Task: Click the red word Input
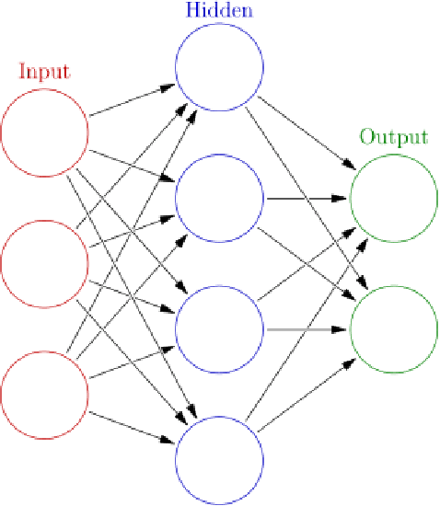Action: [44, 71]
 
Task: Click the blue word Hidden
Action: [219, 11]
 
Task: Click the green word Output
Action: [394, 137]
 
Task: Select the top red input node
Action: [44, 132]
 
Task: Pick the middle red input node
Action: [44, 264]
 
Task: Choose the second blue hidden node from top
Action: [219, 199]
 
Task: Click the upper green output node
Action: [394, 198]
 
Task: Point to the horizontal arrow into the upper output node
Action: [307, 198]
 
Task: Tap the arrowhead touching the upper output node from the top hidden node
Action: [349, 167]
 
